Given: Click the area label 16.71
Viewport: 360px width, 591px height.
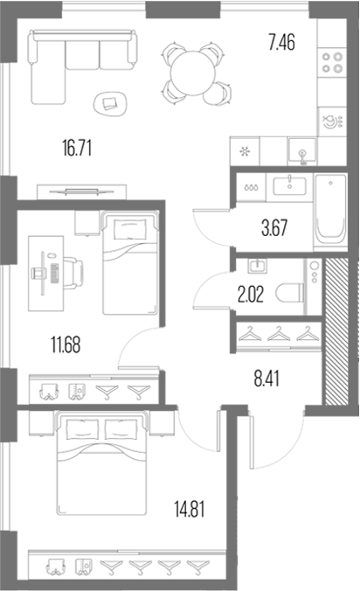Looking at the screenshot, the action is click(77, 148).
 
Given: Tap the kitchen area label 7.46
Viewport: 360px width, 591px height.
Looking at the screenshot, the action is click(281, 42).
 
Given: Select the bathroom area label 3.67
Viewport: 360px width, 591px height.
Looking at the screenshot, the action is click(274, 228).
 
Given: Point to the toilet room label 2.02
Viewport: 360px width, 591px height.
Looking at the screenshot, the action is click(251, 295).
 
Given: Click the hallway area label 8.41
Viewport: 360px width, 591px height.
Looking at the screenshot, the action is click(267, 379).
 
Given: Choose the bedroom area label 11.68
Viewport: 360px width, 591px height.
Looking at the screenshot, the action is click(66, 344).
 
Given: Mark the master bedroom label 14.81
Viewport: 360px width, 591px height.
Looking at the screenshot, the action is click(190, 509).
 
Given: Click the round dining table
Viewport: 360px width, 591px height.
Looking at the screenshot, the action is click(193, 73).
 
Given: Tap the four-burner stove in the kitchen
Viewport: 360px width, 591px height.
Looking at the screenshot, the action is click(332, 63).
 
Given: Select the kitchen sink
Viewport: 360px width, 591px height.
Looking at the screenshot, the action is click(302, 151).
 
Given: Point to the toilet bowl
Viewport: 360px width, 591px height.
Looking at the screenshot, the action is click(289, 293).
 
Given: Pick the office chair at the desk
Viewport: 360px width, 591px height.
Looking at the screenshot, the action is click(73, 273).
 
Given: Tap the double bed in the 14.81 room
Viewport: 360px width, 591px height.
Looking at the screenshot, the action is click(100, 462).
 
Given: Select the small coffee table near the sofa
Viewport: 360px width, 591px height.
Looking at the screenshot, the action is click(110, 104).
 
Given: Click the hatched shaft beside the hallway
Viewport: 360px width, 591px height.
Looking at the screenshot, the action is click(336, 331).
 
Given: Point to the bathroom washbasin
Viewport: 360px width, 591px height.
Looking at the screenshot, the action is click(289, 185).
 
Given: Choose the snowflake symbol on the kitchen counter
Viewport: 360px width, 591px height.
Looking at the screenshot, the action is click(246, 152).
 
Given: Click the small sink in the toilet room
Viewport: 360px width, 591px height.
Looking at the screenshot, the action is click(257, 266).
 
